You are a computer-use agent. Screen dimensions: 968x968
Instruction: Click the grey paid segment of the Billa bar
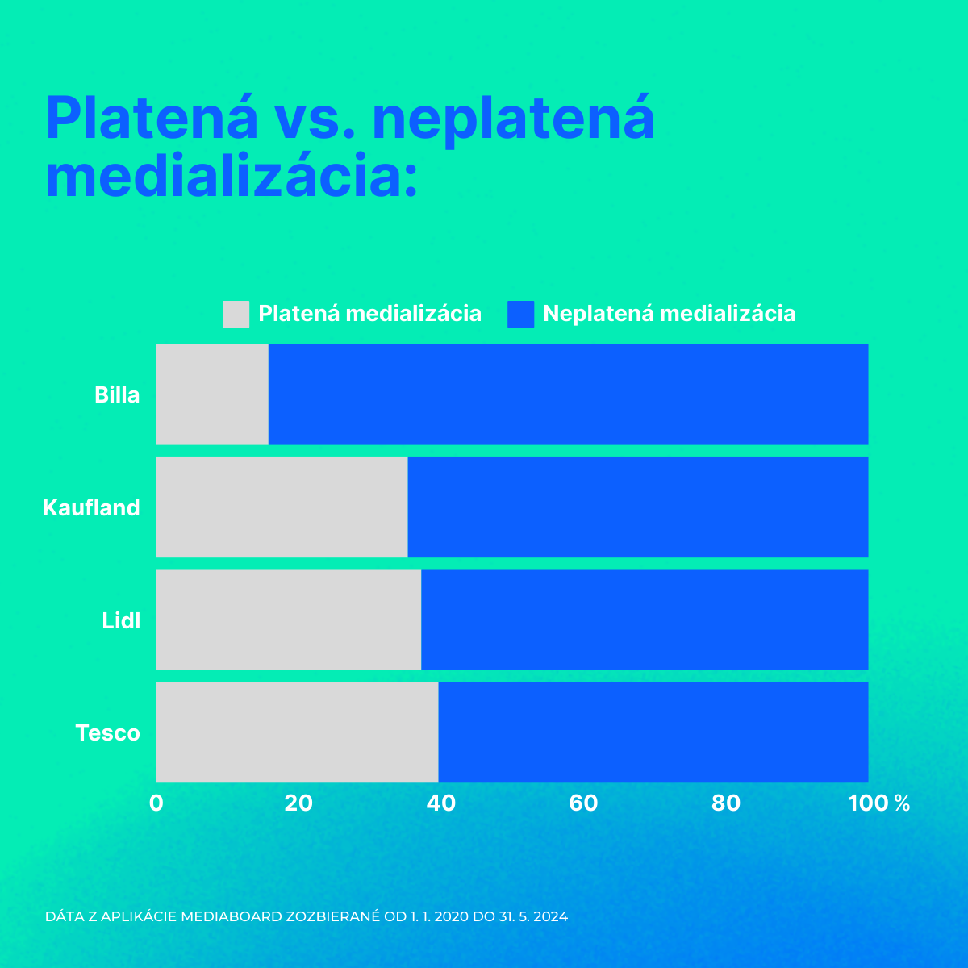click(212, 394)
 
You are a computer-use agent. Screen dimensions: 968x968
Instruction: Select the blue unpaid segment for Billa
click(569, 394)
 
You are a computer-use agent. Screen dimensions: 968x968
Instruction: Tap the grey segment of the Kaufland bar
click(282, 507)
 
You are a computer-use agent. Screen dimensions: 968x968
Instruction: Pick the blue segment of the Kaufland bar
click(638, 507)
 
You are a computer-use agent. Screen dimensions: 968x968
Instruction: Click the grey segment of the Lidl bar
click(289, 620)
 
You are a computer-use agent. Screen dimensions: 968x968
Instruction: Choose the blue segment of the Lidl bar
click(645, 620)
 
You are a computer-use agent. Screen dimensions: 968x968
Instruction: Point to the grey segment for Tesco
click(298, 732)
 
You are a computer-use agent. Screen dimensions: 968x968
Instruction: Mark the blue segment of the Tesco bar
click(653, 732)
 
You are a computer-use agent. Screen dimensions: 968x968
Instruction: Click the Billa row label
click(117, 394)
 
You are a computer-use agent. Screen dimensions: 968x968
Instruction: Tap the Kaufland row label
click(91, 507)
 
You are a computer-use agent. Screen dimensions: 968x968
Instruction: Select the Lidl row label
click(121, 620)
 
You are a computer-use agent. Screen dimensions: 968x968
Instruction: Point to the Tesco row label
click(107, 733)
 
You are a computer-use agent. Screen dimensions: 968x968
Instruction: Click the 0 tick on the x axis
click(156, 803)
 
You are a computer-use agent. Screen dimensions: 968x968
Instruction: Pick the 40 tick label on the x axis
click(441, 803)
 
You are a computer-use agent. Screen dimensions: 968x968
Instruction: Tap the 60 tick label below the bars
click(583, 803)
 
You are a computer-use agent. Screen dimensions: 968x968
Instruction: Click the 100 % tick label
click(879, 803)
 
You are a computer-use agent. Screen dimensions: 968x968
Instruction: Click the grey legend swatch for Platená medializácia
click(236, 315)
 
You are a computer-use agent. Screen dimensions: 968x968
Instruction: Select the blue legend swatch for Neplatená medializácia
click(521, 315)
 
